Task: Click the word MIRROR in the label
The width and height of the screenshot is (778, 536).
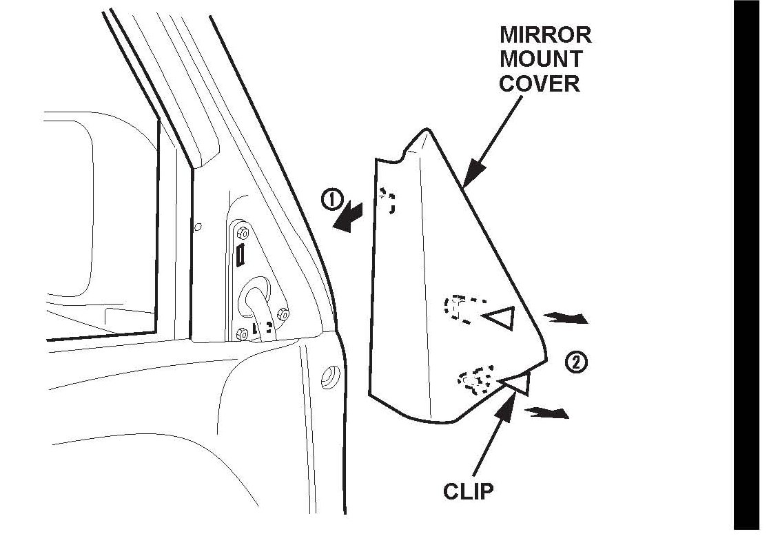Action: coord(546,34)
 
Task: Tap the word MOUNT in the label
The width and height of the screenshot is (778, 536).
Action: coord(541,59)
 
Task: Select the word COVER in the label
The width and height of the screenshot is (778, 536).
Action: coord(540,83)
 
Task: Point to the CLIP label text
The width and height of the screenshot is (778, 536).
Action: coord(469,492)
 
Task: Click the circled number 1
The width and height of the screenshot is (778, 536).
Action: coord(331,200)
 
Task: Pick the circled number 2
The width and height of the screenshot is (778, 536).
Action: coord(576,362)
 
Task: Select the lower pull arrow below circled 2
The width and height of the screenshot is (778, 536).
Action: coord(548,413)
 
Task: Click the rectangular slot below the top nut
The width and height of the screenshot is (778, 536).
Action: coord(240,256)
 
